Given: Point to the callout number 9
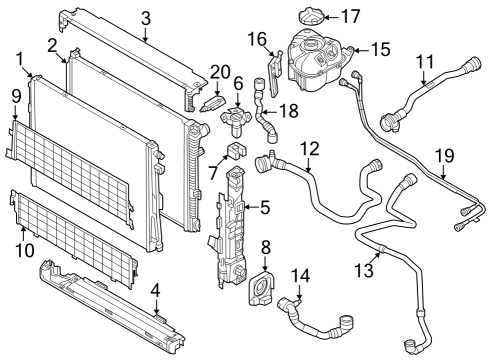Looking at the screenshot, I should point(15,96).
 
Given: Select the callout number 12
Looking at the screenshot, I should point(310,149).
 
